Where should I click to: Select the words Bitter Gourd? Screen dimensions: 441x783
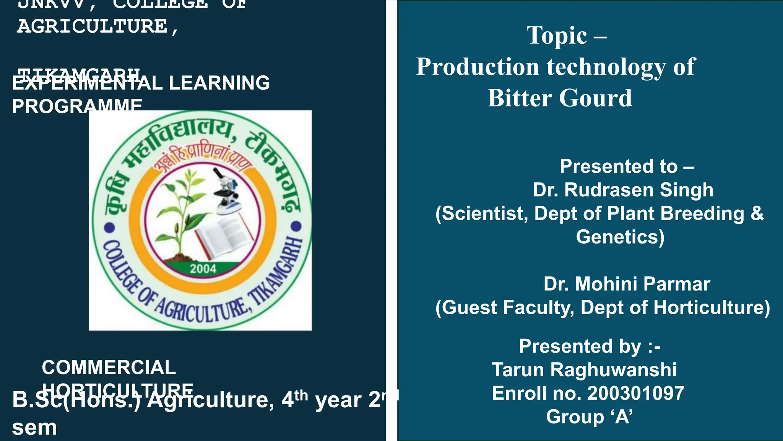(560, 98)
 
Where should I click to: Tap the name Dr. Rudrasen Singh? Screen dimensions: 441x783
(623, 190)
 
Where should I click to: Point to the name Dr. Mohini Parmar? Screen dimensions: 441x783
(627, 284)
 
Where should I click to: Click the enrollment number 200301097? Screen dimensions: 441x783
(635, 394)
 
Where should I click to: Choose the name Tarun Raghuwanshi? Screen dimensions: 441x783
(584, 370)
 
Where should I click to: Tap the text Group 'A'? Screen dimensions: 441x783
(589, 416)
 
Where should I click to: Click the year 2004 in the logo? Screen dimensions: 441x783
(203, 269)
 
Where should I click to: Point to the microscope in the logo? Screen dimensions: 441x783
(227, 191)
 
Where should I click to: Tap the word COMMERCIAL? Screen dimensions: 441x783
(109, 367)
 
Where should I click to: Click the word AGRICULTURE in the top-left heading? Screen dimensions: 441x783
(92, 26)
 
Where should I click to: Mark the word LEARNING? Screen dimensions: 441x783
(219, 83)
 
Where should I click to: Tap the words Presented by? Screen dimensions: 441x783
(580, 346)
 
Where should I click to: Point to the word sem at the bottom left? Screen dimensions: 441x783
(34, 428)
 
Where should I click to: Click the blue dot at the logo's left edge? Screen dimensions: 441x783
(110, 227)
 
